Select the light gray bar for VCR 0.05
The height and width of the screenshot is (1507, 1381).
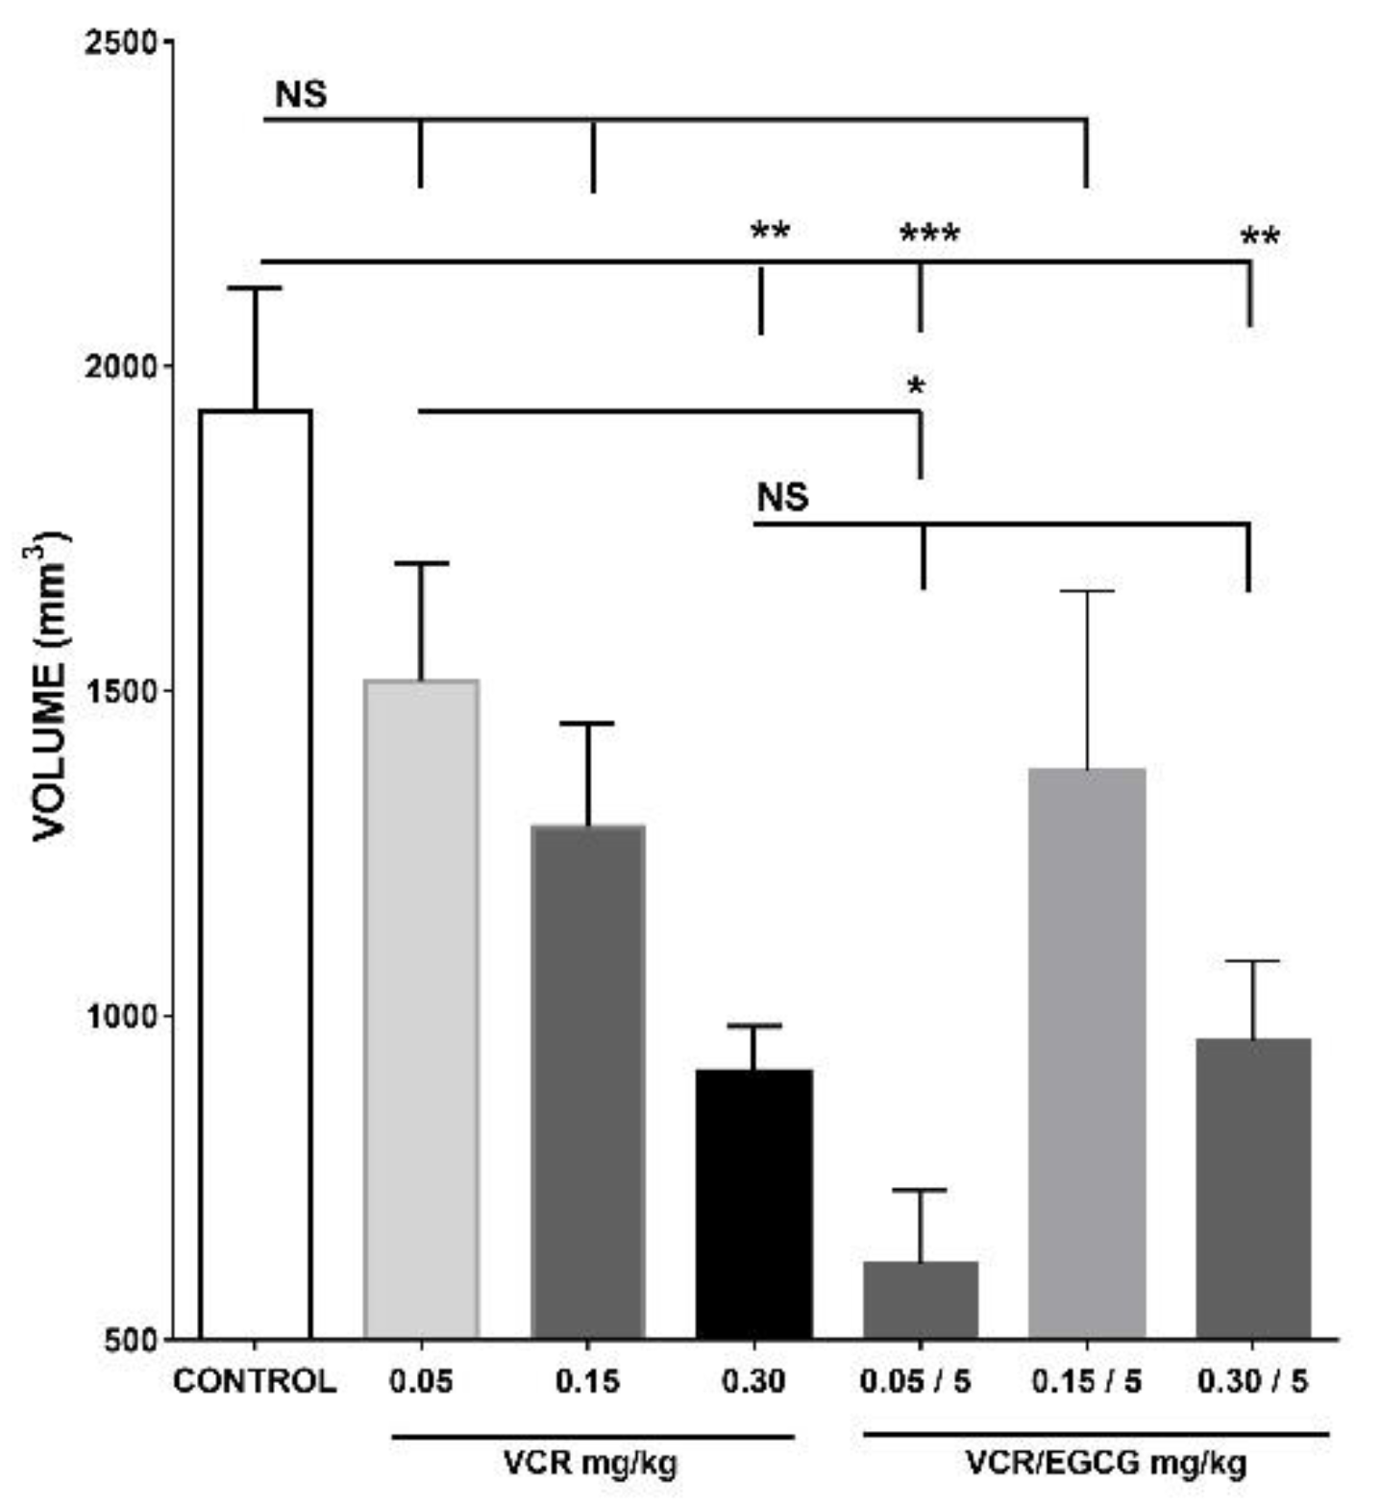click(421, 1009)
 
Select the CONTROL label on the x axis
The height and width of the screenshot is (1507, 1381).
click(255, 1382)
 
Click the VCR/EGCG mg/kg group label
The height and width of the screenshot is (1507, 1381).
click(1105, 1463)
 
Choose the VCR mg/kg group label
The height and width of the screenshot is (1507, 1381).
click(590, 1463)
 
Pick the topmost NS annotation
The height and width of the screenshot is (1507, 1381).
click(301, 94)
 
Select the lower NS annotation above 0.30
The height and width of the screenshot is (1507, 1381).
click(782, 498)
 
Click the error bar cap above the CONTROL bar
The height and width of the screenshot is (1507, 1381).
click(255, 288)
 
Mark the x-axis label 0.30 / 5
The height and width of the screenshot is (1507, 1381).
click(1252, 1382)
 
